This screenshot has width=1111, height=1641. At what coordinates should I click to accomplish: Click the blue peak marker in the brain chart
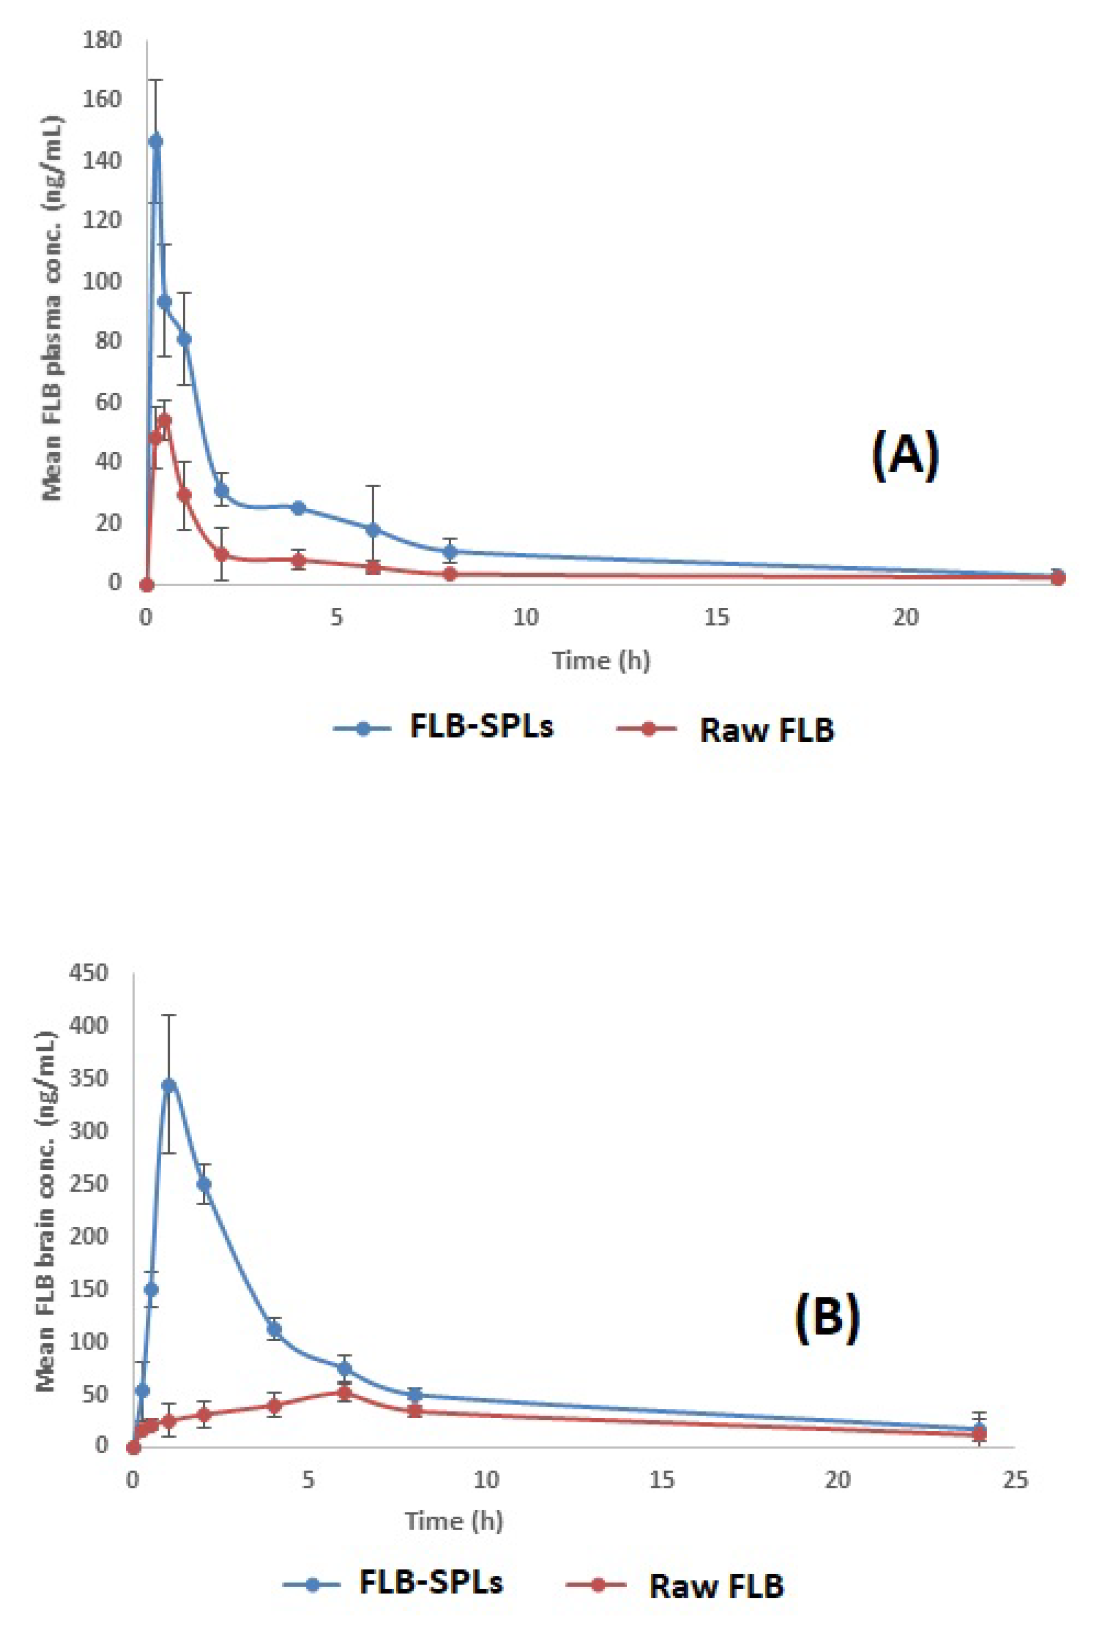tap(168, 1085)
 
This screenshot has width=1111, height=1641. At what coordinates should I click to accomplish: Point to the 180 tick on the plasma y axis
tap(102, 40)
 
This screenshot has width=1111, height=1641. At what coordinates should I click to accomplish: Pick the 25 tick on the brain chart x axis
tap(1014, 1480)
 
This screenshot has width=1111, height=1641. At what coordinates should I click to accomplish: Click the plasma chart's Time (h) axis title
tap(601, 661)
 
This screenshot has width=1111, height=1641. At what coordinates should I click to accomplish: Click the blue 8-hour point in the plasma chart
tap(450, 551)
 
